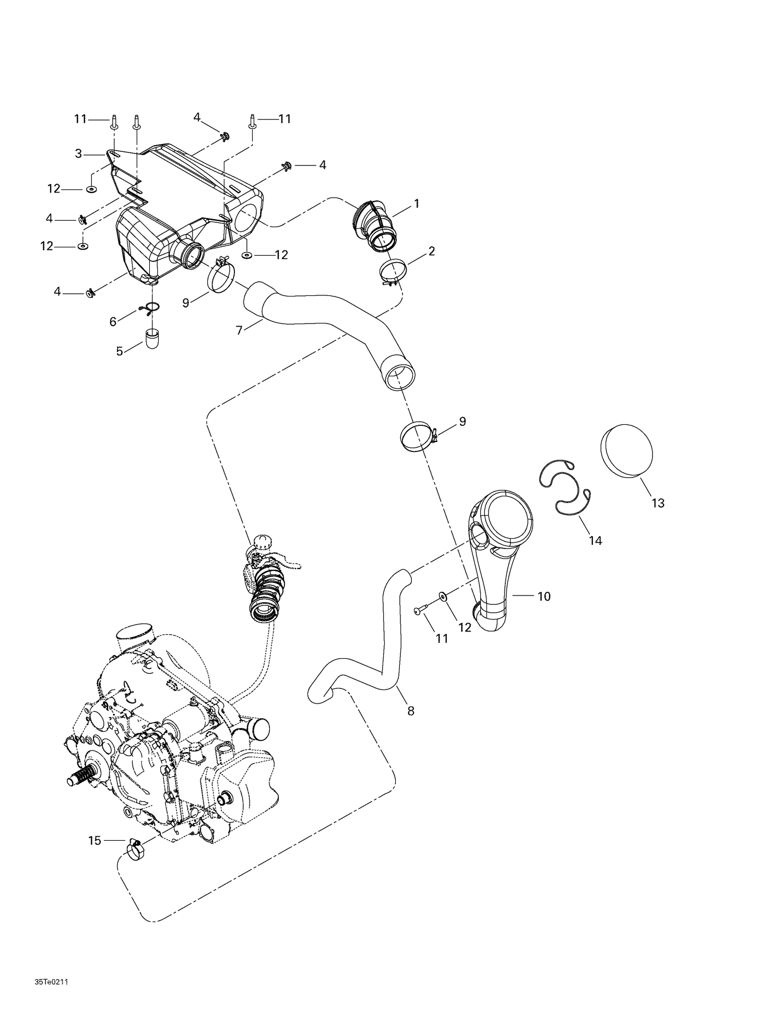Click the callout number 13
[x=658, y=503]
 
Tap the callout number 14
[x=595, y=541]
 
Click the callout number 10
[x=544, y=596]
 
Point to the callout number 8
[x=411, y=710]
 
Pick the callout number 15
[x=94, y=840]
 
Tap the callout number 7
[x=239, y=330]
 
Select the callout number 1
[x=417, y=204]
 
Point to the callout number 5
[x=120, y=351]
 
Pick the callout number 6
[x=113, y=321]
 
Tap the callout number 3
[x=78, y=153]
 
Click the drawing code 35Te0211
[x=51, y=982]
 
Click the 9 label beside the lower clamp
[x=462, y=421]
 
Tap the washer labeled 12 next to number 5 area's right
[x=247, y=255]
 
